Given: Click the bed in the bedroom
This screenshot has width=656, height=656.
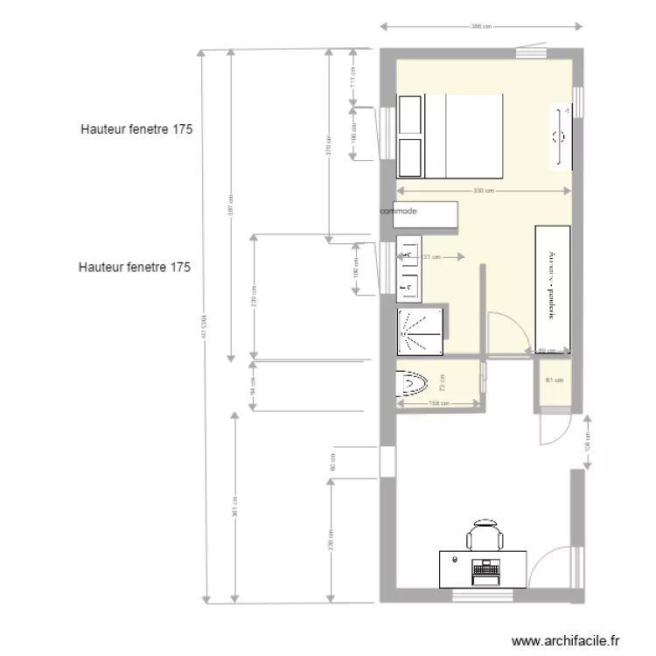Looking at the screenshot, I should (450, 136).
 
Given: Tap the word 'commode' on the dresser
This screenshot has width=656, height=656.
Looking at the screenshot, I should (399, 212).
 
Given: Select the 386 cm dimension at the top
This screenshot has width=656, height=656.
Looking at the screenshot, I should (477, 26).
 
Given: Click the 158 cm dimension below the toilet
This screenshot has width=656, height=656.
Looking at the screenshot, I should (438, 403).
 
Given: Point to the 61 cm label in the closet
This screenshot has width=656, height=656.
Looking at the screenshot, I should (553, 380).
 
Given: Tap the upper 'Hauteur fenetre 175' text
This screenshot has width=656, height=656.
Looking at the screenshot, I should (136, 129).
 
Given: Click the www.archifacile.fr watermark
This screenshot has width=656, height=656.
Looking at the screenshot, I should (569, 641).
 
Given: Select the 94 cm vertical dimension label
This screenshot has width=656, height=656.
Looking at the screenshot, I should (253, 385).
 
